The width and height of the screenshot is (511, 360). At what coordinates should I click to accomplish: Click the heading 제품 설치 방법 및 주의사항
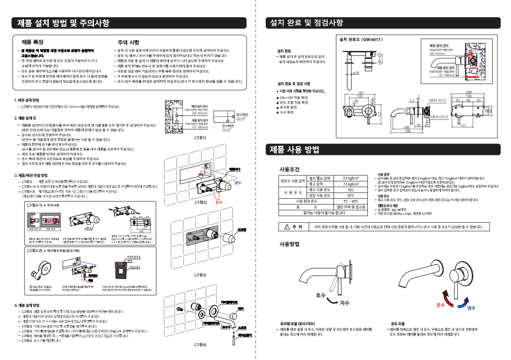tap(63, 23)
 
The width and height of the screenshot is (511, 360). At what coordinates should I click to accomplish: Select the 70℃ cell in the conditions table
tap(351, 190)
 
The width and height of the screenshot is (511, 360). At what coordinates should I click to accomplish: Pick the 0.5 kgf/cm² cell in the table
tap(351, 178)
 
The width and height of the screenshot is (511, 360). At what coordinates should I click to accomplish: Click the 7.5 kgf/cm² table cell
tap(351, 184)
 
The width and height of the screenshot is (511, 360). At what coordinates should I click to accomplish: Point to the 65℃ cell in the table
tap(351, 195)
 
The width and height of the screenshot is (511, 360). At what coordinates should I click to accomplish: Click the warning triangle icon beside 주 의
tap(286, 227)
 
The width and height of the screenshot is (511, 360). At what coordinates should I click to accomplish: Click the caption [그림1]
tap(201, 137)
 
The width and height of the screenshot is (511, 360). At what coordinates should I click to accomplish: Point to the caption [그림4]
tap(201, 345)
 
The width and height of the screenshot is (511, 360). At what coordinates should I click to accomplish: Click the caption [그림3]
tap(201, 275)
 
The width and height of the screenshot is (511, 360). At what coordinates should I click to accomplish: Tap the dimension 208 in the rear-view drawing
tap(469, 93)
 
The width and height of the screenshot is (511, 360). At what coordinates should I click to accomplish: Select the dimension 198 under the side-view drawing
tap(408, 131)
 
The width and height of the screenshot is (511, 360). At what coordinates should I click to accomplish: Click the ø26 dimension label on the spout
tap(356, 73)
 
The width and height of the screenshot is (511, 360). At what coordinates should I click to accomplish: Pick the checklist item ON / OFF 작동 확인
tap(294, 98)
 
